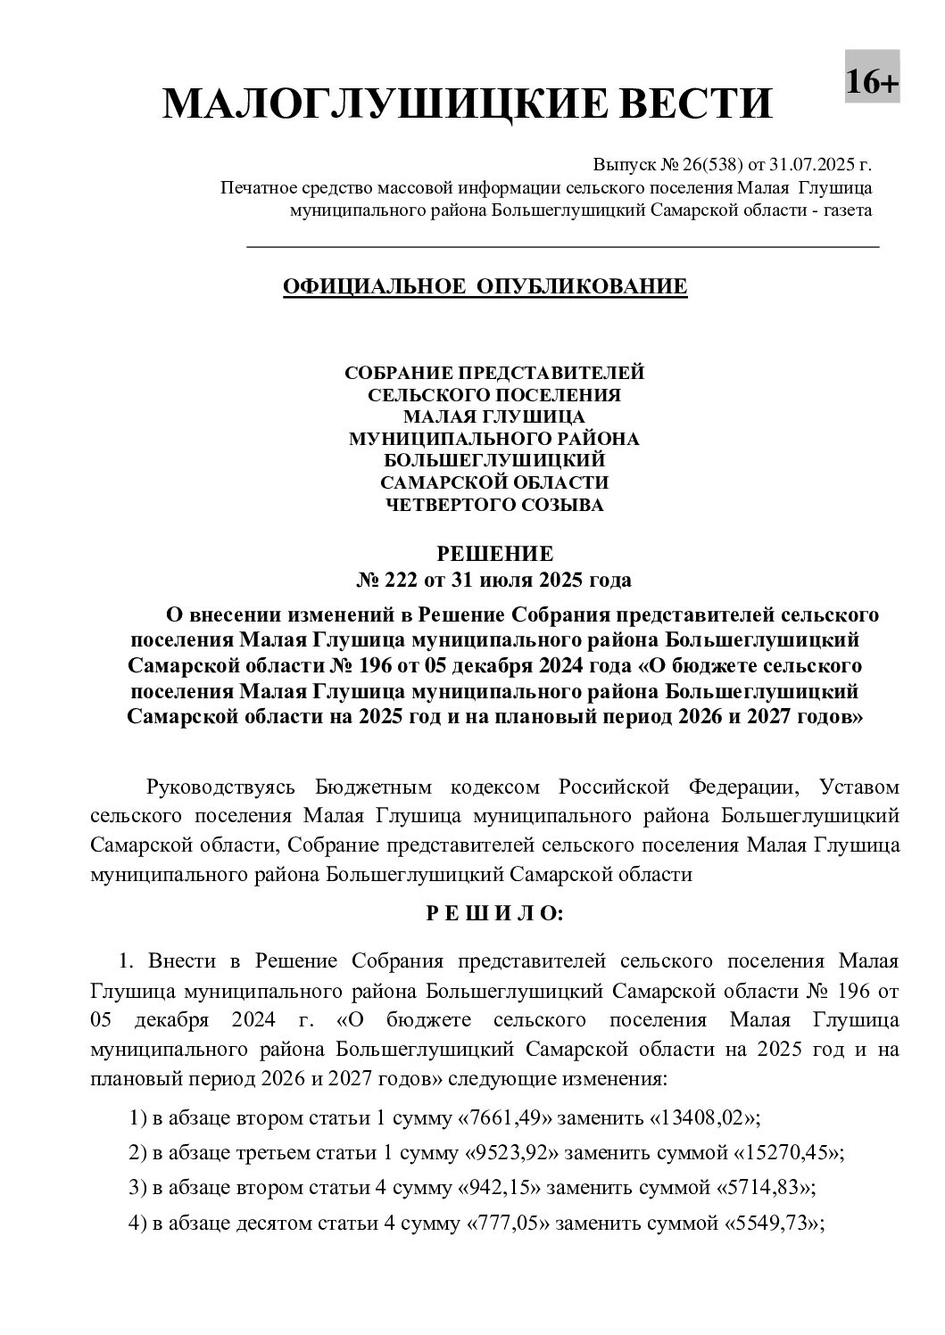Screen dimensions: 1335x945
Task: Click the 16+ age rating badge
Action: [872, 82]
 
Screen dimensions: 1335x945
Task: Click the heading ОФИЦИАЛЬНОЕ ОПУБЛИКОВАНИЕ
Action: [485, 286]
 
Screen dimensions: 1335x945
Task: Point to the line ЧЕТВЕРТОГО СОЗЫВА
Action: [493, 505]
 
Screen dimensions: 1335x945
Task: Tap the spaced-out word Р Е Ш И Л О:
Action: [493, 913]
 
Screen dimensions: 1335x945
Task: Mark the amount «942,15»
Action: [499, 1188]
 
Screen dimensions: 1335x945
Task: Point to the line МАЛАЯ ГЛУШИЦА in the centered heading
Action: [493, 416]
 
